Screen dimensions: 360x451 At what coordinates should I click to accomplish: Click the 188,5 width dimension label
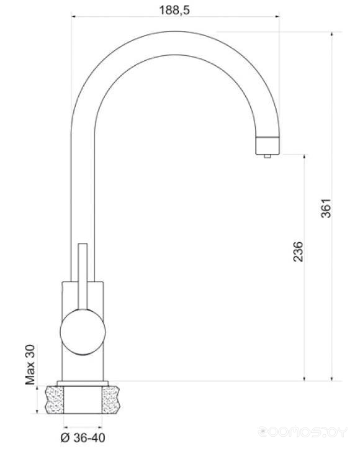174,11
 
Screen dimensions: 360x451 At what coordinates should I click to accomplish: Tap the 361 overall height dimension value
326,208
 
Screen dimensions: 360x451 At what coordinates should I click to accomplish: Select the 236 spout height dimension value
298,252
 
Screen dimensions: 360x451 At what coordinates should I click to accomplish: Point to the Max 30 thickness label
30,365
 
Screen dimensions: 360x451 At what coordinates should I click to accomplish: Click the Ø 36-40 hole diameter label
83,438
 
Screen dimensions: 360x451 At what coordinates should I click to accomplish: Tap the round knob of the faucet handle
83,332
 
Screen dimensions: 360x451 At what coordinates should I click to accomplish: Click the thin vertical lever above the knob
83,276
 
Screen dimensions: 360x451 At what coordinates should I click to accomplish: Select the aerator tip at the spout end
267,146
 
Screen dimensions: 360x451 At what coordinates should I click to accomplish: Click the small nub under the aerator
267,157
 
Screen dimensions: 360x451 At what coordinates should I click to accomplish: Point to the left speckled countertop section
54,400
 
